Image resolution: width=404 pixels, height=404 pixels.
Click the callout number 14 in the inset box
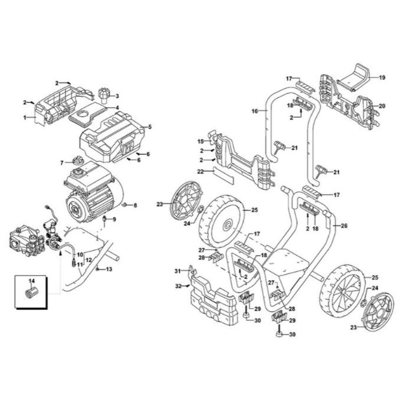tap(32, 280)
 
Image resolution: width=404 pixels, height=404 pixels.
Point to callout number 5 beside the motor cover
tap(149, 127)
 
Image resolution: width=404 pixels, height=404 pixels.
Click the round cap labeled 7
tap(77, 162)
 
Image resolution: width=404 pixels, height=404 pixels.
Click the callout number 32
tap(178, 286)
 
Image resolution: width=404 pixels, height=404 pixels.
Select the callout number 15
tap(201, 141)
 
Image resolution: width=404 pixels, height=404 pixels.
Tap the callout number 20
tap(382, 106)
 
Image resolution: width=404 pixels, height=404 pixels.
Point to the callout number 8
tap(135, 206)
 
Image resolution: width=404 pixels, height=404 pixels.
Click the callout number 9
tap(114, 219)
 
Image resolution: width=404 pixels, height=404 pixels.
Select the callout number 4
tap(117, 108)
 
